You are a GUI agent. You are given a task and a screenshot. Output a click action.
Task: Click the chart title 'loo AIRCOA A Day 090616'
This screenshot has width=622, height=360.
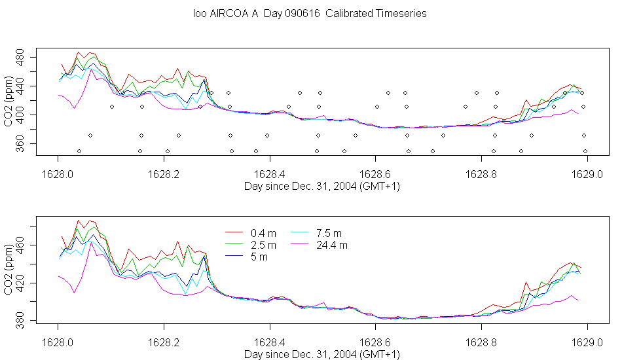click(256, 14)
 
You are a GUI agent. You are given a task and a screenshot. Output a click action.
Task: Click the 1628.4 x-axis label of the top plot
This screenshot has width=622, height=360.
click(270, 175)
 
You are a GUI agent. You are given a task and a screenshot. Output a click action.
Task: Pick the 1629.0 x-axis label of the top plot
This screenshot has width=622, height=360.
click(587, 175)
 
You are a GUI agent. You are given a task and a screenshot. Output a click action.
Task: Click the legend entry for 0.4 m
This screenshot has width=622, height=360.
click(250, 233)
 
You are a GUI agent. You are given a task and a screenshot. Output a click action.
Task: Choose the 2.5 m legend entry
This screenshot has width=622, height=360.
click(250, 245)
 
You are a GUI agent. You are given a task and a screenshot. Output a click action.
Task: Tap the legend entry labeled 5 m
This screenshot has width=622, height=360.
click(246, 257)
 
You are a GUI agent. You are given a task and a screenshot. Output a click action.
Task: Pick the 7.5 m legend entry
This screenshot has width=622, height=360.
click(316, 233)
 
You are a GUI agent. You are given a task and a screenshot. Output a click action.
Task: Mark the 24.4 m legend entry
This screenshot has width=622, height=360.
click(320, 245)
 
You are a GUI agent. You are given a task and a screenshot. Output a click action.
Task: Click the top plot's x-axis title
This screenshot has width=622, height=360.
click(322, 187)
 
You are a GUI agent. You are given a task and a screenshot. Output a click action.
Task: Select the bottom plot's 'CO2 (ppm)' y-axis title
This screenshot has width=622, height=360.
click(8, 270)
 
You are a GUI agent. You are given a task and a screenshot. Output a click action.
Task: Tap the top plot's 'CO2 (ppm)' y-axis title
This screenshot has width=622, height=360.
click(8, 101)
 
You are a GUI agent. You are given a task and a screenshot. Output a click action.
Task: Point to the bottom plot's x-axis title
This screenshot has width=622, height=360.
click(322, 355)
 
